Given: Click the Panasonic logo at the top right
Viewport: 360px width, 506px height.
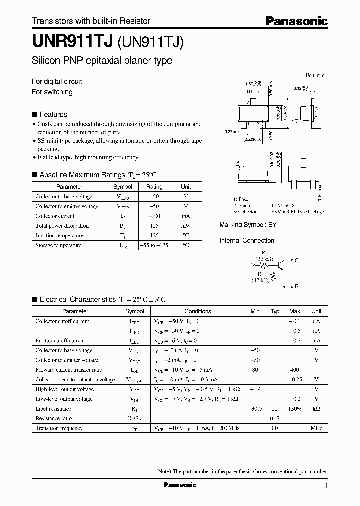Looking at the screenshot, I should [296, 21].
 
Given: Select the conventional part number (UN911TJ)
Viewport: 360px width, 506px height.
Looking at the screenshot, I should [151, 42].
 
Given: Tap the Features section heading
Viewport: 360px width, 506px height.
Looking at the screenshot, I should [53, 114].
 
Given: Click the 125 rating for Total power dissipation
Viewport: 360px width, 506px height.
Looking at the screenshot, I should [154, 226].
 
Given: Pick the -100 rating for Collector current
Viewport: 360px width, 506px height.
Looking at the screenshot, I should [154, 216].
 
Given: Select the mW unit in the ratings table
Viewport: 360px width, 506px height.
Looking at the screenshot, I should [186, 226].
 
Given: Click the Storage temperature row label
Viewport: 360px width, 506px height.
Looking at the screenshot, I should [58, 245].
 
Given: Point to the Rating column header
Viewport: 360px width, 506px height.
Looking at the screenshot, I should [154, 186].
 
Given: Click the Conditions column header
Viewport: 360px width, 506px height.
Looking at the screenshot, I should [198, 311].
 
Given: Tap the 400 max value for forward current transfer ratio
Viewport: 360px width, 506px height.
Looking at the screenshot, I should [294, 370].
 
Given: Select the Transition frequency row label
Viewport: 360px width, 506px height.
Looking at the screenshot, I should [58, 428].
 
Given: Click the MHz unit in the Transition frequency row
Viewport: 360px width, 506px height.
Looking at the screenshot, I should [316, 428].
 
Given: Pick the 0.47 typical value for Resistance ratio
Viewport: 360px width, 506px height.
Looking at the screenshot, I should [274, 418].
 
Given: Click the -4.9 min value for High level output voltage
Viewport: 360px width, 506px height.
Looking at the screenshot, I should [255, 389].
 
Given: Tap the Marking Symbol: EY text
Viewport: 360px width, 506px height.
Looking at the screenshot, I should [248, 225].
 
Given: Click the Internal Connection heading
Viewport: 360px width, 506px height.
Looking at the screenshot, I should [247, 241].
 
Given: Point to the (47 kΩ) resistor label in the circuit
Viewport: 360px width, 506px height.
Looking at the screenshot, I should [260, 281].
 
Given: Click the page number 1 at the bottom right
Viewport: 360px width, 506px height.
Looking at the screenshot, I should [326, 486].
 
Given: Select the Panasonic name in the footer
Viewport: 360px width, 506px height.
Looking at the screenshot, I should [180, 485].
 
